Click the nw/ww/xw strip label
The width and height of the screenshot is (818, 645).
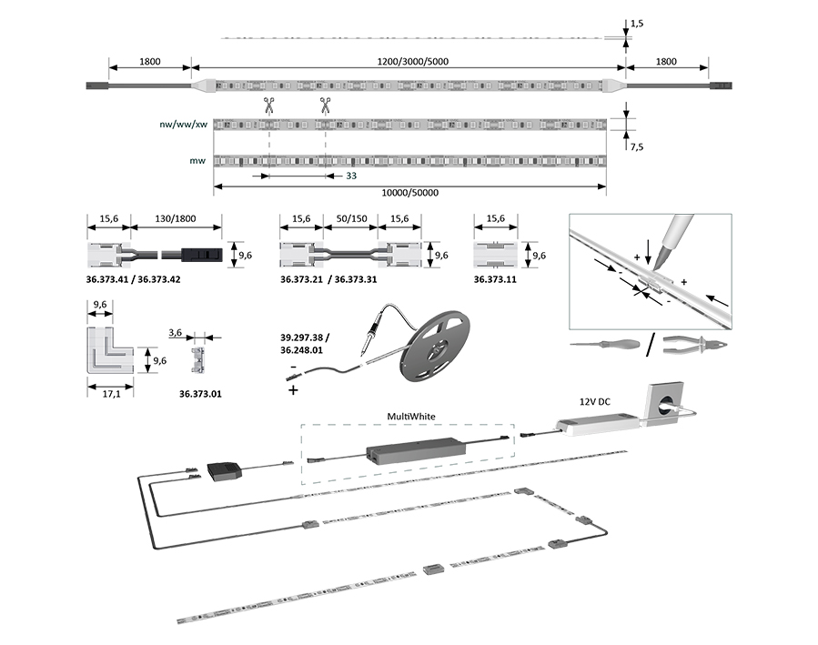[182, 124]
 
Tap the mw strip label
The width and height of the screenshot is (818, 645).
[196, 161]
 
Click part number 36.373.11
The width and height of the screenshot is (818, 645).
[495, 280]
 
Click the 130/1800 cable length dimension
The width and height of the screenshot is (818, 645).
[176, 220]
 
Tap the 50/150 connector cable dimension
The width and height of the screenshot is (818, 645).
[350, 220]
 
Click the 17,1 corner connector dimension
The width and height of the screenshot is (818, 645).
[108, 394]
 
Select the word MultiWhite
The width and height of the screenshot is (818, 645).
[411, 416]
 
